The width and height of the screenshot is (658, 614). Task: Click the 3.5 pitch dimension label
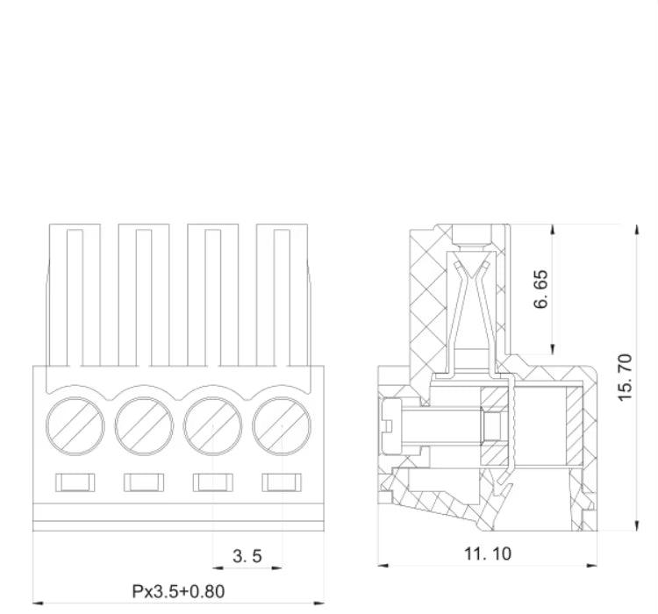(x=247, y=556)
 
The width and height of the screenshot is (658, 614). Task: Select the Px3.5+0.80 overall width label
(x=178, y=591)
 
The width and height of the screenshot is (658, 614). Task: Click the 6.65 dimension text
(x=541, y=289)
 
